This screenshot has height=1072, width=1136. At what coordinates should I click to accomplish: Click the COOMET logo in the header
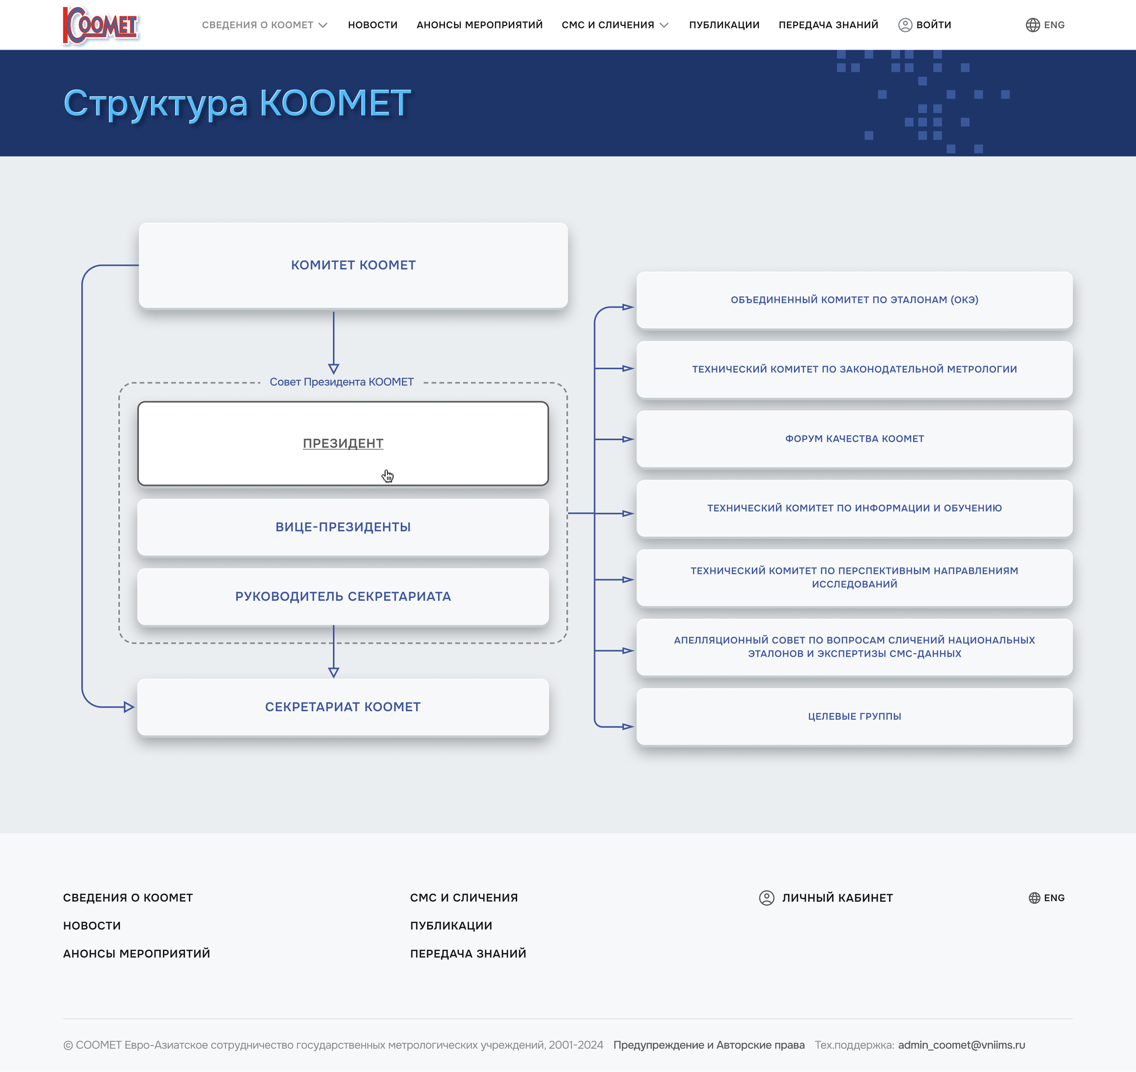(101, 25)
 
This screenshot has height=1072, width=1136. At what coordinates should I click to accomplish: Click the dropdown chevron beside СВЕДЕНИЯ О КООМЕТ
(323, 25)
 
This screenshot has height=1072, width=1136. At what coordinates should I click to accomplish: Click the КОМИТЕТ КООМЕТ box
(353, 265)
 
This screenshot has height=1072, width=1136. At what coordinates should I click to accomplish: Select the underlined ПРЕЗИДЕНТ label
(343, 443)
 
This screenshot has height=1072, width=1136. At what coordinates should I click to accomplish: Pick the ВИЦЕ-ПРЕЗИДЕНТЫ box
(343, 527)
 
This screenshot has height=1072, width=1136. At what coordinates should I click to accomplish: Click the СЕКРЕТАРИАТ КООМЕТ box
(343, 707)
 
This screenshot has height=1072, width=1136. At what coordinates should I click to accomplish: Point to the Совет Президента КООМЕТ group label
(342, 382)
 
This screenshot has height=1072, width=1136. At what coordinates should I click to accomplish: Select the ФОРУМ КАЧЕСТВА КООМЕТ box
(854, 439)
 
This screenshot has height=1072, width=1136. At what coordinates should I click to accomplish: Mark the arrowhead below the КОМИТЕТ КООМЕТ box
(334, 369)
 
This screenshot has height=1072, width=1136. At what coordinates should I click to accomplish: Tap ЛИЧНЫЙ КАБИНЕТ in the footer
(826, 898)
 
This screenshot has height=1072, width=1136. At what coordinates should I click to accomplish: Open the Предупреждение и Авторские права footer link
(709, 1045)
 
